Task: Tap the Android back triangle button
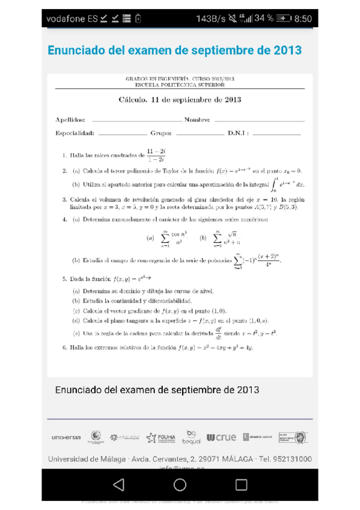[118, 484]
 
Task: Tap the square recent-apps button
[241, 484]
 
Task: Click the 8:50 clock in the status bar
[303, 19]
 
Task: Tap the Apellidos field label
[70, 120]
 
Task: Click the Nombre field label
[197, 120]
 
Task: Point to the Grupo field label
[161, 134]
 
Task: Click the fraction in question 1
[156, 155]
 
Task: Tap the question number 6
[64, 348]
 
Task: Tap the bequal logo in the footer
[192, 437]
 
